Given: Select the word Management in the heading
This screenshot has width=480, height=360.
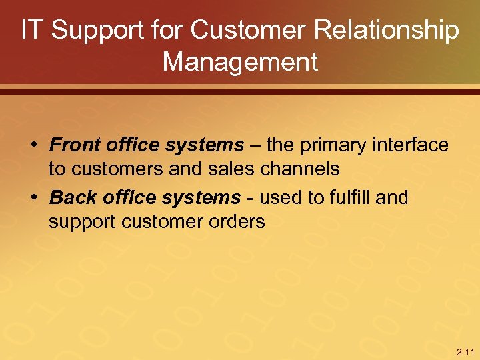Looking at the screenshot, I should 240,62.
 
